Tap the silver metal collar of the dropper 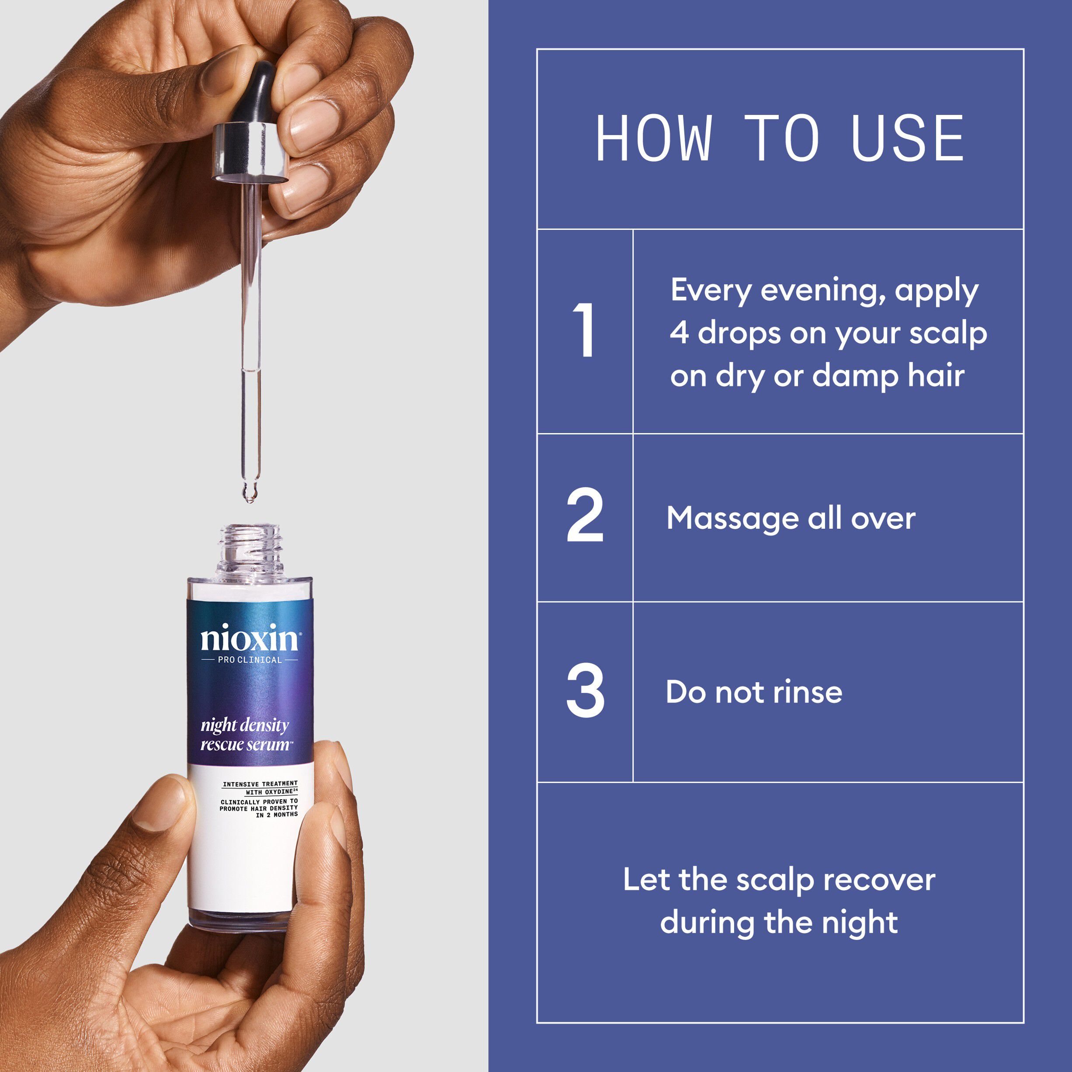[251, 153]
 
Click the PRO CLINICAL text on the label [250, 660]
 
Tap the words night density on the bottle [245, 725]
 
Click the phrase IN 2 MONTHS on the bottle [277, 815]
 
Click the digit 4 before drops [679, 333]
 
